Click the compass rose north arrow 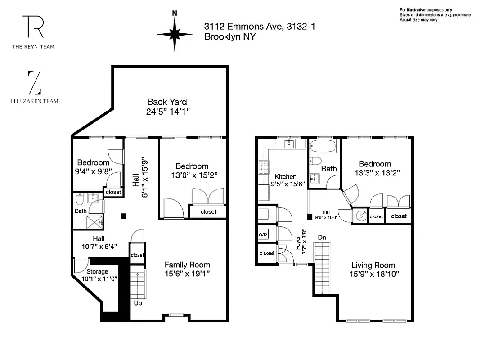[x=175, y=33]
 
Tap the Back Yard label [x=167, y=102]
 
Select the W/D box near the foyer [x=262, y=235]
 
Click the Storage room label [x=97, y=272]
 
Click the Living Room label [x=373, y=265]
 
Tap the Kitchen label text [x=285, y=177]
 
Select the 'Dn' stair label [x=322, y=237]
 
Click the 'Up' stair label [x=138, y=303]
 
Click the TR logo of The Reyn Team [x=33, y=27]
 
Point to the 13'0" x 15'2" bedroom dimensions [x=192, y=175]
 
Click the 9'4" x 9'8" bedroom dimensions [x=93, y=171]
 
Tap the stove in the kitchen [x=262, y=170]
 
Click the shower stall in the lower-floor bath [x=95, y=221]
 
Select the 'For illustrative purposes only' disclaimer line [x=426, y=10]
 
